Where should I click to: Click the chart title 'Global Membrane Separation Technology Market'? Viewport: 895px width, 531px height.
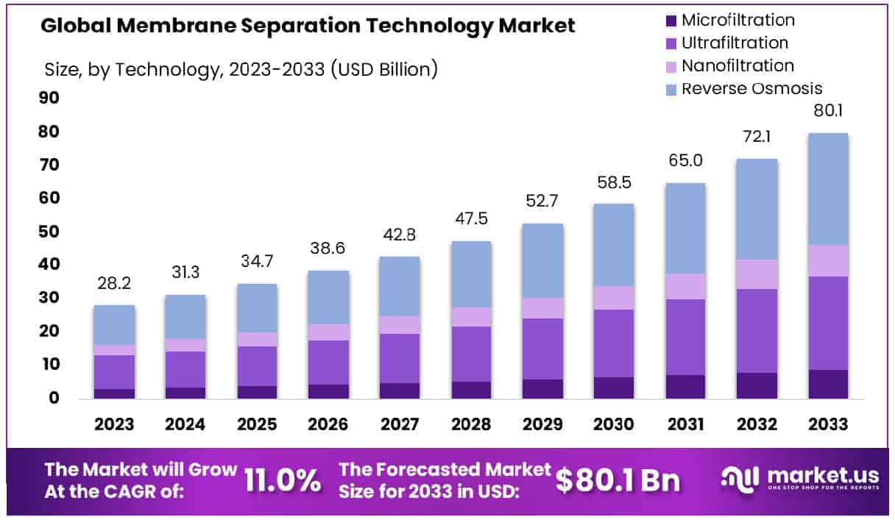[308, 26]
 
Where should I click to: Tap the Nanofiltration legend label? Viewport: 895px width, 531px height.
[737, 66]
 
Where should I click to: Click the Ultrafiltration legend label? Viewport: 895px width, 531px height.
[735, 43]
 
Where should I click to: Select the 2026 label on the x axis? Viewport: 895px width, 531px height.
[328, 425]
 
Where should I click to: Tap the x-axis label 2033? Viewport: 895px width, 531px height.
[828, 425]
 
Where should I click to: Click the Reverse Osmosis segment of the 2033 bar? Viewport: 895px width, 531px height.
[828, 189]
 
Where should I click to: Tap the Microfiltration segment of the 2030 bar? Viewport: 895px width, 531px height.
[614, 388]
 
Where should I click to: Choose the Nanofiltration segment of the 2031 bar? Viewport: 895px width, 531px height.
[685, 287]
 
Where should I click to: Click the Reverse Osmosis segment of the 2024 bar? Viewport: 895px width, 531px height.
[185, 317]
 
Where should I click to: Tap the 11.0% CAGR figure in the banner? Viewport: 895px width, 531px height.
[283, 481]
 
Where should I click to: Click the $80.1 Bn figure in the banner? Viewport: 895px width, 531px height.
[618, 481]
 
